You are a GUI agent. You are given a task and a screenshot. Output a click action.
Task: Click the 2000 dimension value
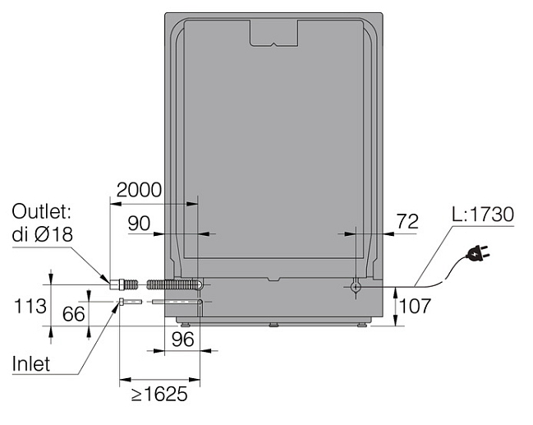tap(139, 190)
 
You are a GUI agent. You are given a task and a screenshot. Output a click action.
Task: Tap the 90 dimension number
tap(139, 224)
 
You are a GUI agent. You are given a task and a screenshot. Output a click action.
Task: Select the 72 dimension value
tap(407, 221)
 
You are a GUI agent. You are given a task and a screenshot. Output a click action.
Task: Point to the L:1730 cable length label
tap(483, 215)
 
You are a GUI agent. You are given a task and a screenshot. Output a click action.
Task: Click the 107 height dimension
tap(415, 306)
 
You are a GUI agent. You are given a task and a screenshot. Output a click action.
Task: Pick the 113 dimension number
tap(30, 306)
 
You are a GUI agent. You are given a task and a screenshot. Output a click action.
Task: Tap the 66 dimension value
tap(73, 314)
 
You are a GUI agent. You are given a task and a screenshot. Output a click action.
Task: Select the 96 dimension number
tap(183, 339)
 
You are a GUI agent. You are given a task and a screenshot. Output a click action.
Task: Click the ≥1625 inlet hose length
tap(159, 394)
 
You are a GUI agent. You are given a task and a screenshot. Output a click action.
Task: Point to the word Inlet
tap(31, 363)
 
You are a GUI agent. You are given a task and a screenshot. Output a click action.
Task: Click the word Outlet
tap(41, 211)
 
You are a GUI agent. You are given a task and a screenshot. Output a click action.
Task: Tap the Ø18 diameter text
tap(53, 234)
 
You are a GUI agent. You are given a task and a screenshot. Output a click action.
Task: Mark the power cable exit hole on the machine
tap(356, 287)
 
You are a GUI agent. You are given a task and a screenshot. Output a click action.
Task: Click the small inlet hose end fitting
tap(122, 302)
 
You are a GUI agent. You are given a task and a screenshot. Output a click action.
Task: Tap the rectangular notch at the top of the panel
tap(274, 33)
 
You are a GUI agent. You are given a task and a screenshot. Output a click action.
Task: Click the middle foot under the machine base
tap(273, 325)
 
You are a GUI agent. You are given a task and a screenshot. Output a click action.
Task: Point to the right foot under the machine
tap(361, 325)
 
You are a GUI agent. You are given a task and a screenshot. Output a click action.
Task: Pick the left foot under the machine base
tap(186, 325)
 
